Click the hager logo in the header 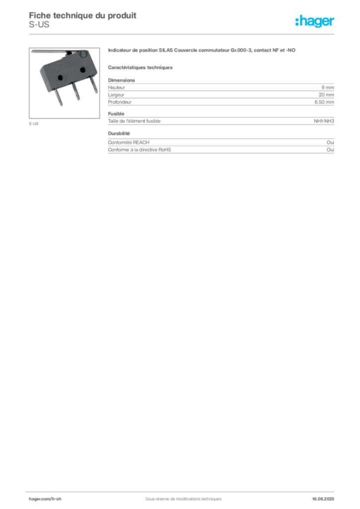pyautogui.click(x=315, y=21)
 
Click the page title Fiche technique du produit pyautogui.click(x=83, y=15)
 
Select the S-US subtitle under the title pyautogui.click(x=39, y=25)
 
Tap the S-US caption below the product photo pyautogui.click(x=33, y=124)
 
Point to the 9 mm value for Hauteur pyautogui.click(x=328, y=87)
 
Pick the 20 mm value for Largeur pyautogui.click(x=326, y=95)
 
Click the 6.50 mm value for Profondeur pyautogui.click(x=324, y=102)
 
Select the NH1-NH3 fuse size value pyautogui.click(x=324, y=121)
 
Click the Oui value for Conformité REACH pyautogui.click(x=330, y=143)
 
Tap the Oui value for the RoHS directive pyautogui.click(x=330, y=150)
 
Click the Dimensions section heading pyautogui.click(x=121, y=80)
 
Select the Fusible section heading pyautogui.click(x=116, y=114)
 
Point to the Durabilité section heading pyautogui.click(x=119, y=133)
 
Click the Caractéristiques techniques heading pyautogui.click(x=140, y=68)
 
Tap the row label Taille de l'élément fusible pyautogui.click(x=134, y=121)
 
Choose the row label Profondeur pyautogui.click(x=120, y=102)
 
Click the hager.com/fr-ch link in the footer pyautogui.click(x=45, y=499)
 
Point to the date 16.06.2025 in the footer pyautogui.click(x=323, y=499)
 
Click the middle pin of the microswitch pyautogui.click(x=76, y=91)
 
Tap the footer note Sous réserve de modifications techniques pyautogui.click(x=183, y=499)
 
